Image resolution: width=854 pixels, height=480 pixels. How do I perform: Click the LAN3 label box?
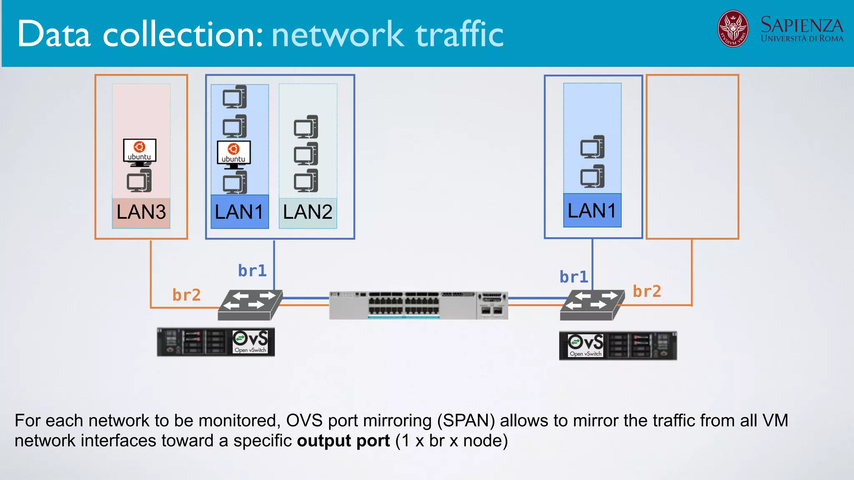(x=141, y=212)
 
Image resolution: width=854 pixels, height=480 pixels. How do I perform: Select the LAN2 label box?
(x=308, y=212)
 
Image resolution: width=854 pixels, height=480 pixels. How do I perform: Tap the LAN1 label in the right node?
(x=592, y=211)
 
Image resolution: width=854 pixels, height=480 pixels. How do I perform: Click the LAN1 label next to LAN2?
(x=239, y=212)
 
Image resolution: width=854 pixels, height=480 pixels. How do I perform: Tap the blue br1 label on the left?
(x=252, y=271)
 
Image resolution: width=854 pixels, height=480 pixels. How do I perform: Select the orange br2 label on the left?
(x=186, y=295)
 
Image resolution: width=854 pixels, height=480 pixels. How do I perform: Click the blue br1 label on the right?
(x=574, y=277)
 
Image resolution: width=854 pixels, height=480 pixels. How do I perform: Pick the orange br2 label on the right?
(x=647, y=291)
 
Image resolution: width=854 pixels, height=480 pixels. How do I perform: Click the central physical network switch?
(x=418, y=305)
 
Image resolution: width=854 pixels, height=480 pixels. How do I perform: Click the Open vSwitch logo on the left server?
(x=250, y=342)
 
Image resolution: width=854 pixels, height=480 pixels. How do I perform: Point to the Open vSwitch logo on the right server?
(x=585, y=345)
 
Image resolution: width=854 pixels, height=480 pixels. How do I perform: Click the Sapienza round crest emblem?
(x=733, y=29)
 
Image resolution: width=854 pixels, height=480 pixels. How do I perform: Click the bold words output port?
(x=343, y=441)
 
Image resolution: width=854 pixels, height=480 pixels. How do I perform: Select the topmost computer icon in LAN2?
(x=306, y=127)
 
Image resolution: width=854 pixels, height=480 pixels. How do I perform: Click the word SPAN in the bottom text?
(x=466, y=421)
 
